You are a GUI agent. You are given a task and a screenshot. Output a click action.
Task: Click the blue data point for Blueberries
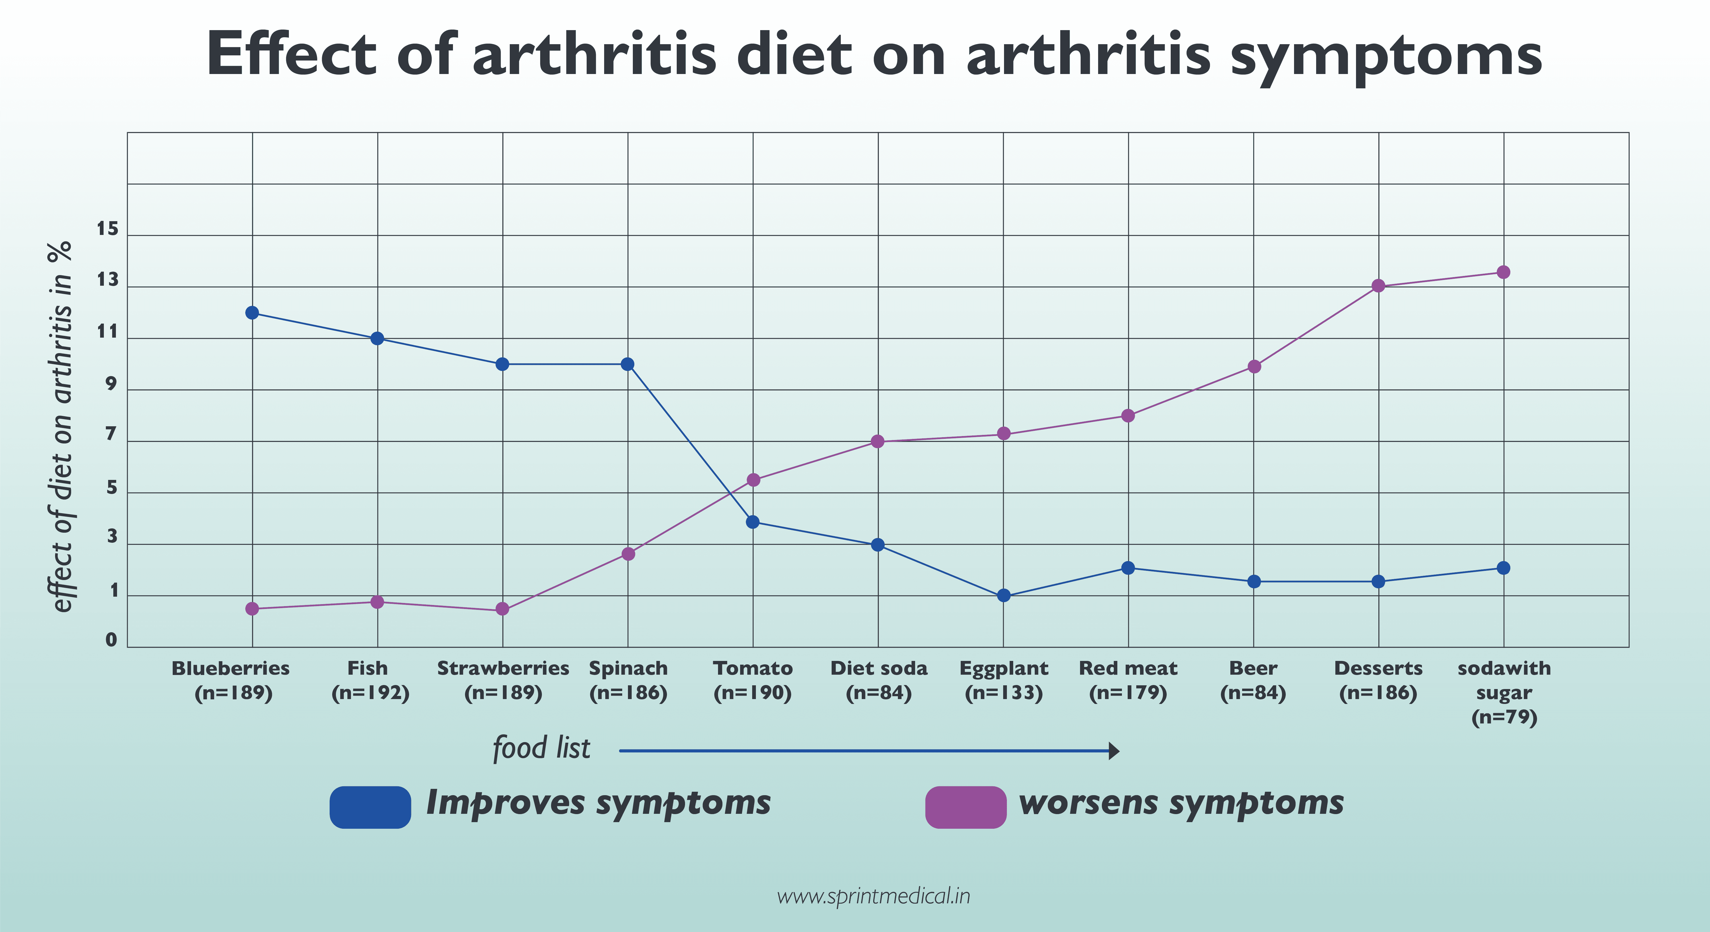pyautogui.click(x=252, y=313)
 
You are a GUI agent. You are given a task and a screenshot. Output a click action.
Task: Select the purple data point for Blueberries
pyautogui.click(x=252, y=609)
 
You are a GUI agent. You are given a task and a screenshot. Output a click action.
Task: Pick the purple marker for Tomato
pyautogui.click(x=753, y=480)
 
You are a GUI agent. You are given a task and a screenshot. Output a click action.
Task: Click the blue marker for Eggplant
pyautogui.click(x=1004, y=596)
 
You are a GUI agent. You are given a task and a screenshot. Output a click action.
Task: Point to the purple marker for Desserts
pyautogui.click(x=1378, y=286)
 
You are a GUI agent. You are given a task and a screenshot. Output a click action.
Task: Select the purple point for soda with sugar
pyautogui.click(x=1503, y=272)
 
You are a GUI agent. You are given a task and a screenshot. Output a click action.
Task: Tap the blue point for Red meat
pyautogui.click(x=1128, y=568)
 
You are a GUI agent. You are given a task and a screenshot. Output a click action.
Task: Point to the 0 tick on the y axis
pyautogui.click(x=111, y=640)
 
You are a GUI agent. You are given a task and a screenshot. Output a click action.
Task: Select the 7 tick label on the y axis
pyautogui.click(x=111, y=435)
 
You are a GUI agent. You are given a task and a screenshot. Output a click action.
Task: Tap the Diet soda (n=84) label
pyautogui.click(x=878, y=680)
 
